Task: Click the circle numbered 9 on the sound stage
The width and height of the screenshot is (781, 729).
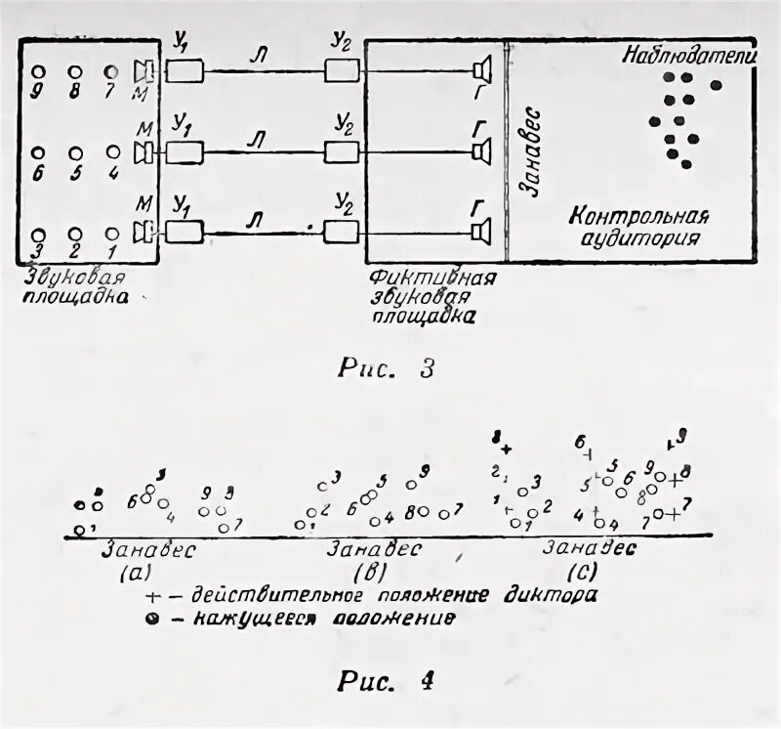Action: (x=38, y=72)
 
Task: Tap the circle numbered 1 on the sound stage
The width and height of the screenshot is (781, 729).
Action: (x=113, y=234)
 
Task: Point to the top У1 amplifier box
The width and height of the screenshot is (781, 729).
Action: (x=185, y=70)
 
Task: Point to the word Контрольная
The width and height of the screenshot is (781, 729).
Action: (x=639, y=216)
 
